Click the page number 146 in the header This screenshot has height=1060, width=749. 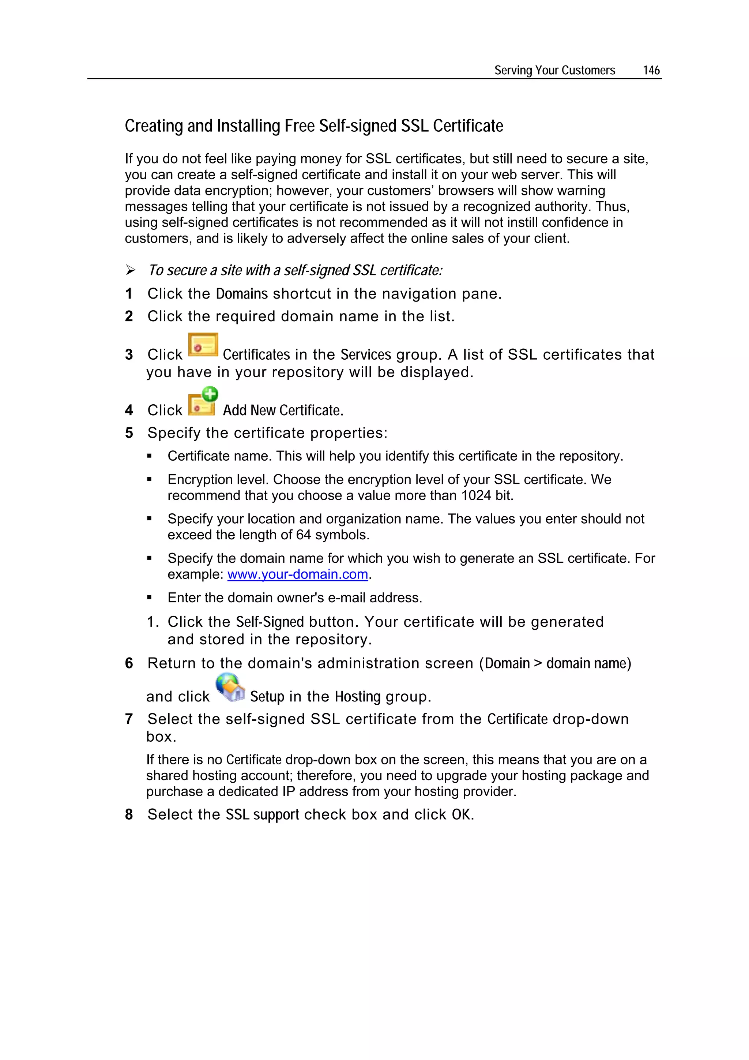[x=651, y=70]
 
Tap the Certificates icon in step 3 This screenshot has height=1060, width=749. [x=203, y=345]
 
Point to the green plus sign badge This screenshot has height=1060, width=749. [x=210, y=394]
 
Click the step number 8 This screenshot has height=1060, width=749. [x=129, y=814]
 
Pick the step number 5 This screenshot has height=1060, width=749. [x=129, y=433]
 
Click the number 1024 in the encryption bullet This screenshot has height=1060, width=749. [x=476, y=495]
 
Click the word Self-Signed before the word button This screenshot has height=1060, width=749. [x=270, y=622]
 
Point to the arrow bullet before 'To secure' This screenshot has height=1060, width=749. [x=131, y=270]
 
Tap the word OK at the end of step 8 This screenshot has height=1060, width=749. [x=461, y=814]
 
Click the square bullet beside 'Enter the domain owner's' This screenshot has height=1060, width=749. [x=150, y=598]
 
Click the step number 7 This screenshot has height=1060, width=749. [x=129, y=719]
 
